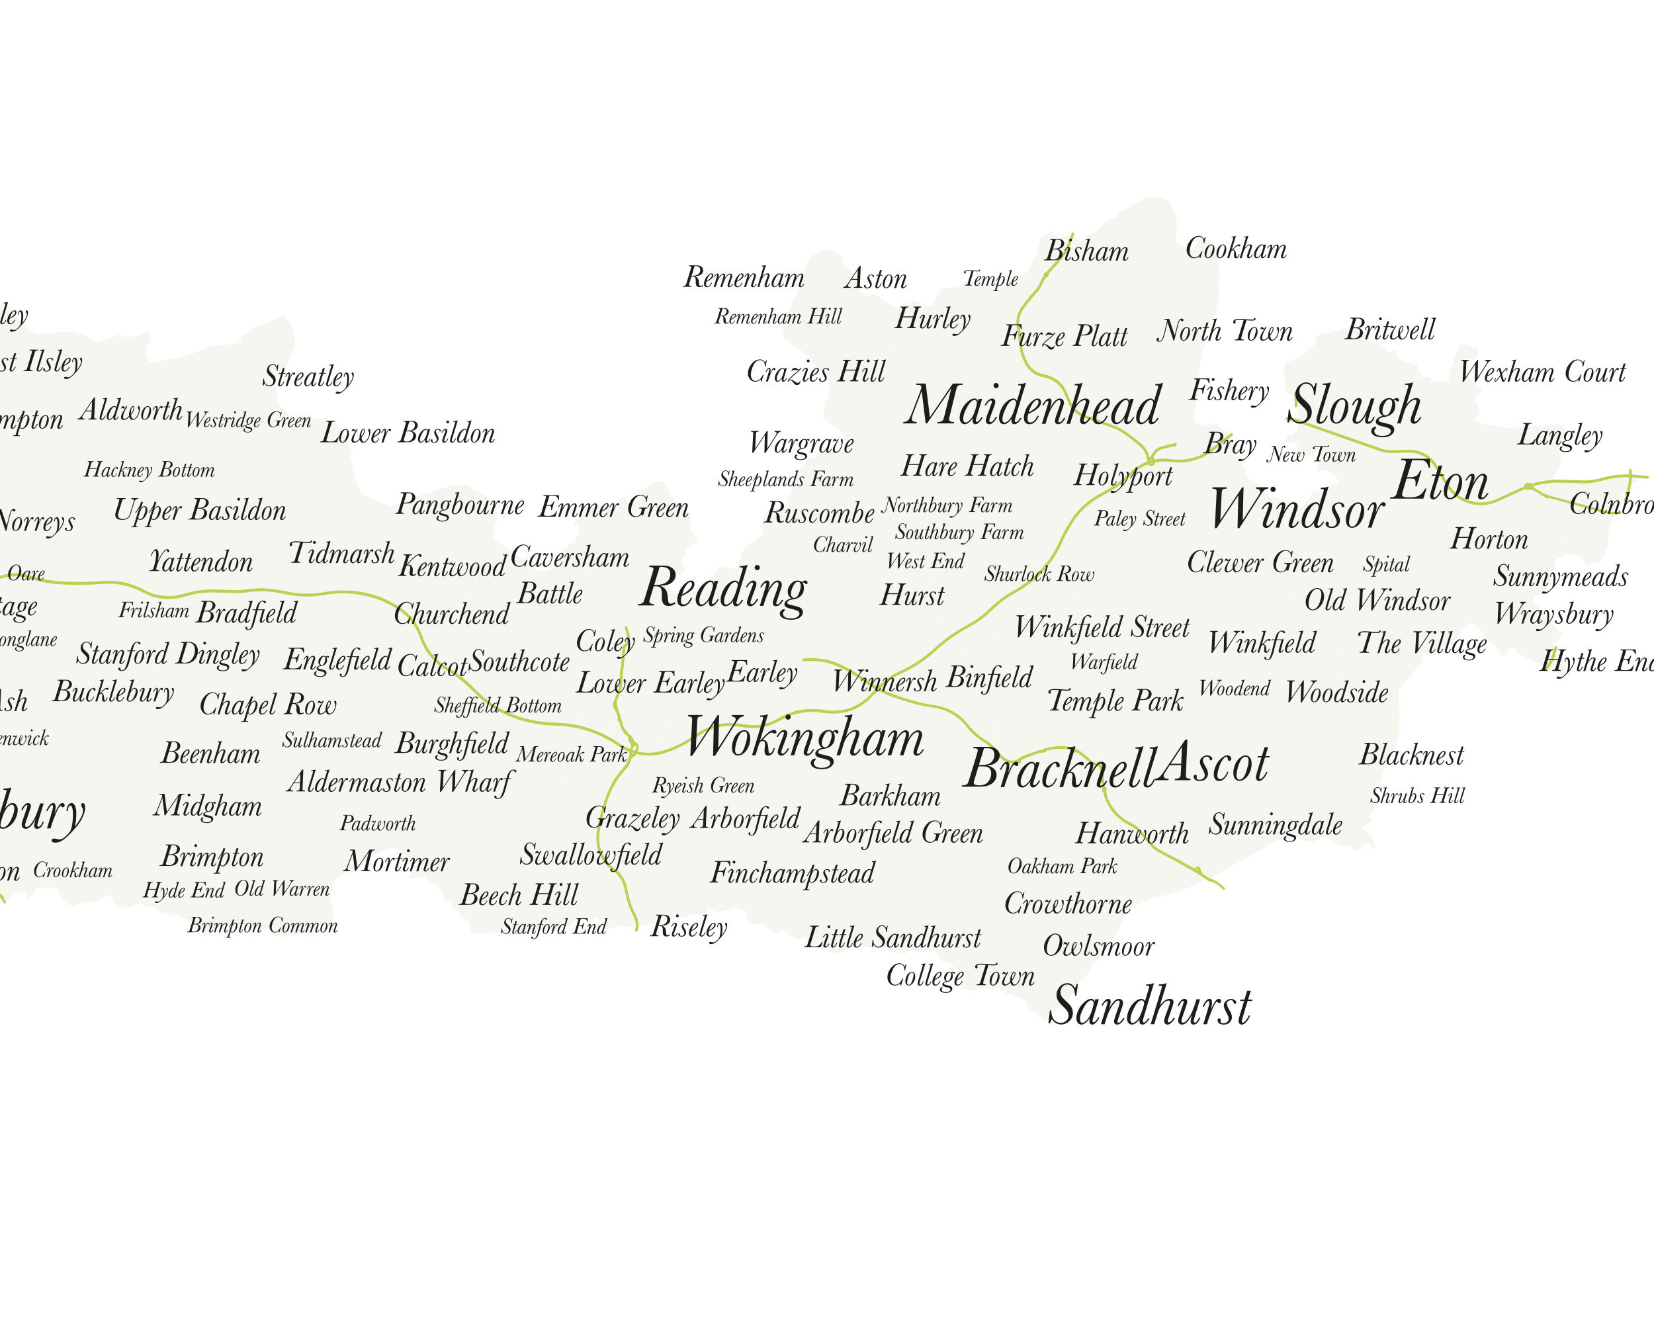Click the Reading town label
pos(723,589)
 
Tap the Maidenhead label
pos(1033,405)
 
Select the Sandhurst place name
pos(1149,1005)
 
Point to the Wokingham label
pos(805,738)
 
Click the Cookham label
pos(1236,249)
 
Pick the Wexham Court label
pos(1542,372)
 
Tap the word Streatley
pos(308,376)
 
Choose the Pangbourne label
pos(460,505)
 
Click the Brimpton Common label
pos(263,925)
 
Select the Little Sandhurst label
pos(892,937)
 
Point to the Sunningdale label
pos(1275,824)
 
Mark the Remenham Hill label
pos(778,317)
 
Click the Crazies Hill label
pos(816,372)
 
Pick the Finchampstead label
pos(792,873)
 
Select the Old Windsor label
pos(1377,601)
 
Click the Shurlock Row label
pos(1039,574)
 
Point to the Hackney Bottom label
pos(149,470)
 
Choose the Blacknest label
pos(1412,755)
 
